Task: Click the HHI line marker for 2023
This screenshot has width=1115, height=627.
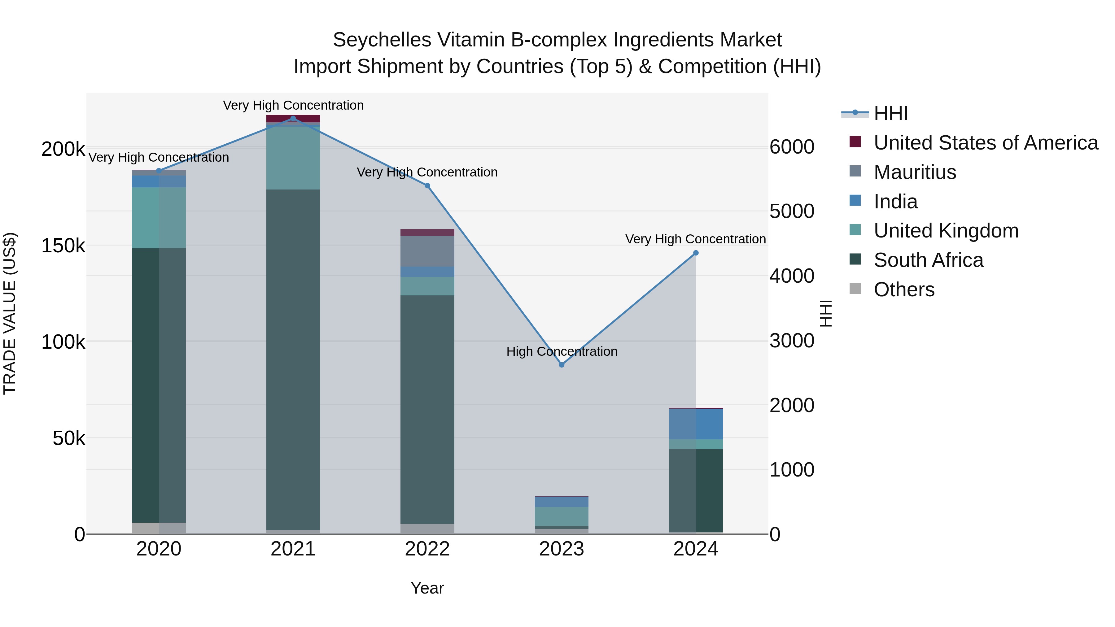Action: point(562,365)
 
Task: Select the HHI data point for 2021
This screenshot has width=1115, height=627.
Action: point(293,119)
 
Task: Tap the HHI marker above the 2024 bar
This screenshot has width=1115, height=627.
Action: point(696,253)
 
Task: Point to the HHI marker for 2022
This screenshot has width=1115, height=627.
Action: point(427,186)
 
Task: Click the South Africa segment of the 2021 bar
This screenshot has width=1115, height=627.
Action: point(293,359)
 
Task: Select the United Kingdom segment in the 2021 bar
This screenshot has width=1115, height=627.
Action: point(293,158)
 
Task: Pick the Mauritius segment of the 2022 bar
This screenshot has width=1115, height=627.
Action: point(427,251)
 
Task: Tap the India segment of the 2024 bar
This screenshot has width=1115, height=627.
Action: point(696,424)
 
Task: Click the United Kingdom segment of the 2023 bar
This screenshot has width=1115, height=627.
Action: point(562,516)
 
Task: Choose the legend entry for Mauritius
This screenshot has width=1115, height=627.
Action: point(915,172)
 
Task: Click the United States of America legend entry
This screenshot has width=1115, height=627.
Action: point(986,143)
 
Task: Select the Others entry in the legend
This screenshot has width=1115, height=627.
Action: point(904,290)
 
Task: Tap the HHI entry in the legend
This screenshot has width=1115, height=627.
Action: point(890,113)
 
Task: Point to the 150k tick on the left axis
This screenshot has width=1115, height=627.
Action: point(63,246)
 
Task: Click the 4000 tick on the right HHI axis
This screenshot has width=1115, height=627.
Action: point(792,276)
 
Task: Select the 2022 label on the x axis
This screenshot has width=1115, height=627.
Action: point(427,549)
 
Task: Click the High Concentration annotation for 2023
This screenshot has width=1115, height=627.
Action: point(562,351)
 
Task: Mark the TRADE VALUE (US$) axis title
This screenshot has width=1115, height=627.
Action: point(10,313)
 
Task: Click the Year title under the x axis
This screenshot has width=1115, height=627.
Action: point(427,588)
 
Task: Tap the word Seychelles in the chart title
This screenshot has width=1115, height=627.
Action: point(382,40)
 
